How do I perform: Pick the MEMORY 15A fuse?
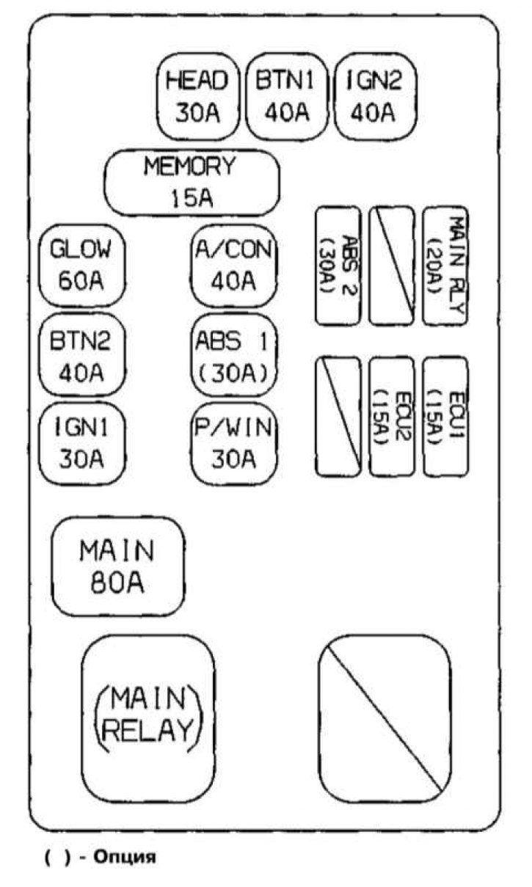tap(192, 182)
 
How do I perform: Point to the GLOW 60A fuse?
tap(81, 265)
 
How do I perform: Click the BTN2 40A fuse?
tap(81, 357)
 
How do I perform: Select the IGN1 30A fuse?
tap(81, 445)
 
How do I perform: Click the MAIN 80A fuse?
tap(117, 566)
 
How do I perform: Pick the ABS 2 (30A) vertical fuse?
tap(338, 265)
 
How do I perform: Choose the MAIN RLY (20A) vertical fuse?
tap(445, 265)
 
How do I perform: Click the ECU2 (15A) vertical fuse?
tap(391, 416)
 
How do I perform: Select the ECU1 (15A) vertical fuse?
tap(445, 416)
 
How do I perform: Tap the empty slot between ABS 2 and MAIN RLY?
tap(391, 265)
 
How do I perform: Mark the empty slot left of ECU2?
tap(338, 416)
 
